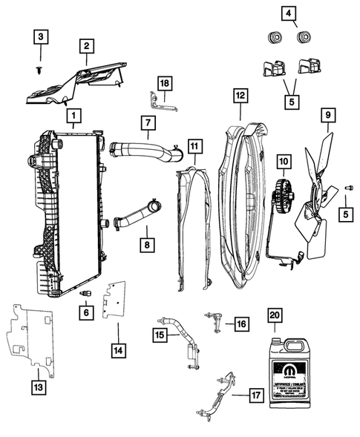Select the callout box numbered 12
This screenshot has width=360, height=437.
tap(239, 96)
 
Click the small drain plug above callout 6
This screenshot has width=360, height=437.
tap(86, 293)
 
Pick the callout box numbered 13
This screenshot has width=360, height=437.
tap(37, 386)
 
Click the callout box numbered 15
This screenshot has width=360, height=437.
tap(160, 335)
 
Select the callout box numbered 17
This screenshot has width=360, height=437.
tap(255, 396)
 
